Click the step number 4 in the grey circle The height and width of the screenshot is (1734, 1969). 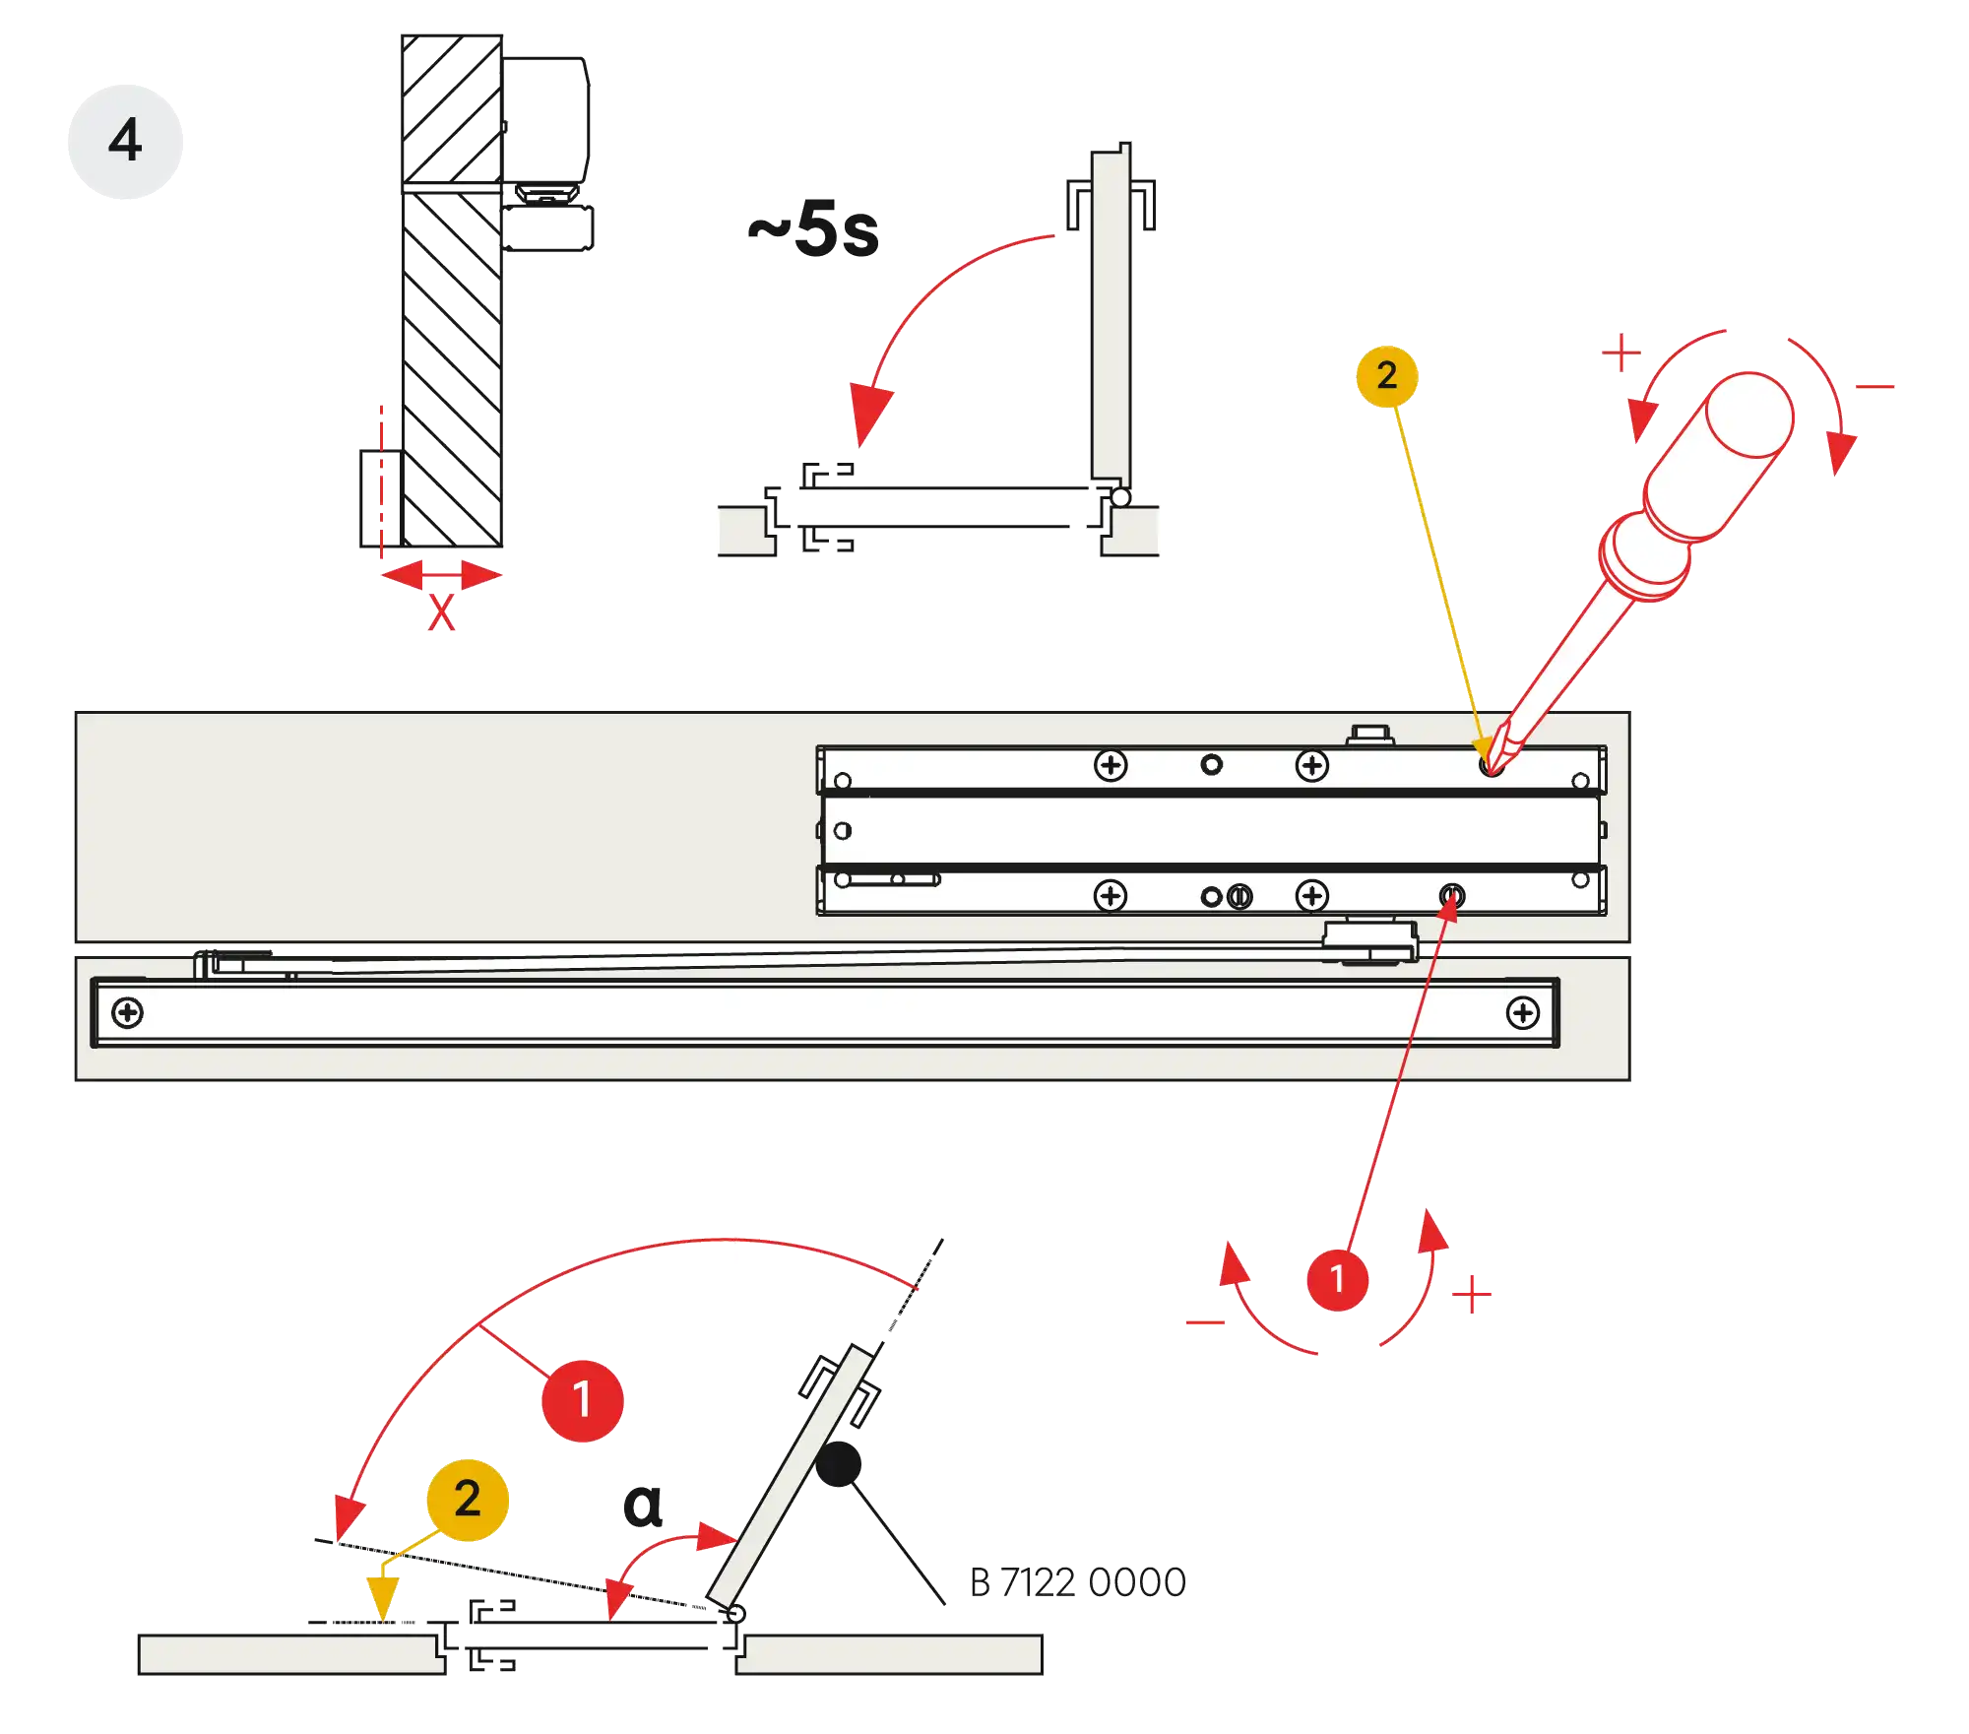[x=125, y=140]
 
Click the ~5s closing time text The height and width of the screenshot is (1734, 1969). [x=815, y=230]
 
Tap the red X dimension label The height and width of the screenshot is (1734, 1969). [x=441, y=612]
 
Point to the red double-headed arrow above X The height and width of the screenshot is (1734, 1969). [x=441, y=574]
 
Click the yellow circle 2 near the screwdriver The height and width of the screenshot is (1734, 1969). [x=1386, y=375]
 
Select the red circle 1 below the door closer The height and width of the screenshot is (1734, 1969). [x=1337, y=1279]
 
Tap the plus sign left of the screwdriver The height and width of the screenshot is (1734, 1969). [x=1620, y=353]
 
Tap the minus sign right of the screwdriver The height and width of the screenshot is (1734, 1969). [x=1874, y=386]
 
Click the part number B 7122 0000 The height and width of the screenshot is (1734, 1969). [x=1078, y=1583]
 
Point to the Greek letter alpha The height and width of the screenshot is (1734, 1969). [x=644, y=1505]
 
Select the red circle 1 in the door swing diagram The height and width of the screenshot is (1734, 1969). [x=582, y=1399]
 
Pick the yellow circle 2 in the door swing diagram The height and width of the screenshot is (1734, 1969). [x=468, y=1500]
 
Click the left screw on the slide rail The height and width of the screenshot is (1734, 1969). [x=128, y=1012]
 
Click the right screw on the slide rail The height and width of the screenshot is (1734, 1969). [x=1522, y=1012]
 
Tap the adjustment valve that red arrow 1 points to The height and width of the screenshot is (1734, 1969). [x=1451, y=895]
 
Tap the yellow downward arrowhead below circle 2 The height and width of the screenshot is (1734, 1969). [x=382, y=1596]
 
